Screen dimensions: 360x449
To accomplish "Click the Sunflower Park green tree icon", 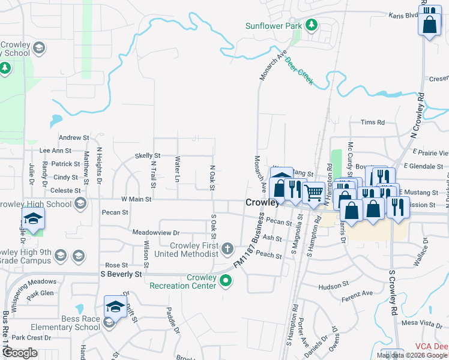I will (x=312, y=25).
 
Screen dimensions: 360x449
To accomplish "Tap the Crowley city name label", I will (x=262, y=203).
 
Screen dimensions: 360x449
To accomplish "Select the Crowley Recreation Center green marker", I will (x=226, y=280).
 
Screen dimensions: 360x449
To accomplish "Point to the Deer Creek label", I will (x=298, y=71).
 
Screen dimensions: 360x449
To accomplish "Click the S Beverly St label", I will (x=122, y=274).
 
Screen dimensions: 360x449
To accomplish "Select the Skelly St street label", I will (x=147, y=155).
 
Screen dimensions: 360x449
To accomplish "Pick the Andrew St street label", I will (x=74, y=137).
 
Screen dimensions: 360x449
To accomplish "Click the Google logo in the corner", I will (x=19, y=353).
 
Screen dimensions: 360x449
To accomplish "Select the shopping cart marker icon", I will (x=313, y=193).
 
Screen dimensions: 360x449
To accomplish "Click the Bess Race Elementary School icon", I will (x=108, y=323).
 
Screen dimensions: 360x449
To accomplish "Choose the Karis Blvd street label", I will (x=403, y=16).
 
